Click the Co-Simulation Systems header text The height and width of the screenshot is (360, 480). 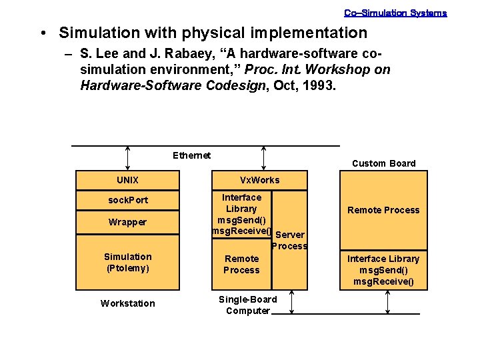[x=395, y=13]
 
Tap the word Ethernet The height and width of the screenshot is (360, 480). [x=191, y=155]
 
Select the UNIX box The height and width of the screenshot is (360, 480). [x=127, y=180]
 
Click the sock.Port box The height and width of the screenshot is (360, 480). [x=128, y=200]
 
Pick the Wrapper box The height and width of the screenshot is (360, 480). [x=127, y=222]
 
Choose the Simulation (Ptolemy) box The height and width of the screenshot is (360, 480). [x=127, y=262]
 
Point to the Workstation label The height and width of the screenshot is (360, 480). [x=127, y=303]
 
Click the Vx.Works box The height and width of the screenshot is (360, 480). [x=259, y=180]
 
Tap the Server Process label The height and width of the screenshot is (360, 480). [x=289, y=241]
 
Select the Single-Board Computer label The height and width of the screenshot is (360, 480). [x=248, y=305]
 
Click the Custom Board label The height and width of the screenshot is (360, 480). [x=383, y=163]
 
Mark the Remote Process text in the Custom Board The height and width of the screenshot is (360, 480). [x=383, y=210]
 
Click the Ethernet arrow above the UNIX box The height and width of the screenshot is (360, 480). [x=127, y=158]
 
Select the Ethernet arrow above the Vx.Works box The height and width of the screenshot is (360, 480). [x=265, y=158]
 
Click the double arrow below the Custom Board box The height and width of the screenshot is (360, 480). [x=388, y=302]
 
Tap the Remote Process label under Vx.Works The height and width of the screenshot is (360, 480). [x=241, y=264]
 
